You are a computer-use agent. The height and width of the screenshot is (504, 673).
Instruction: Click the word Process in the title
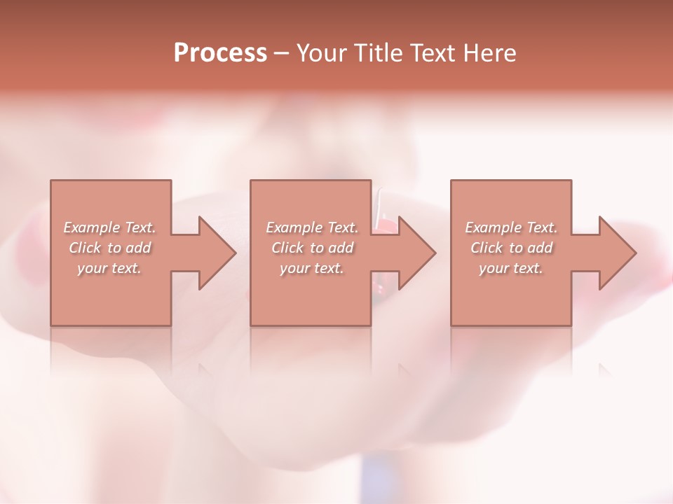(x=220, y=53)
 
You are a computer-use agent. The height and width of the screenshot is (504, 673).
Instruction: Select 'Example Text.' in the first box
(x=110, y=227)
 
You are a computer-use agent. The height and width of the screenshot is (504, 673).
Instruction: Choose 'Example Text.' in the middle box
(x=312, y=227)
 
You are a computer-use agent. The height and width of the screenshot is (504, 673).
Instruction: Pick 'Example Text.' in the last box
(x=511, y=227)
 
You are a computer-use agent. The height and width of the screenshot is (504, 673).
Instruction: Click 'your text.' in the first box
(x=110, y=268)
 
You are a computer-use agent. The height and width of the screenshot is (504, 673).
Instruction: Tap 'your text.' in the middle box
(x=312, y=268)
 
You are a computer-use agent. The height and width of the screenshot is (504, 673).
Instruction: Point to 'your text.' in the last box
(x=511, y=268)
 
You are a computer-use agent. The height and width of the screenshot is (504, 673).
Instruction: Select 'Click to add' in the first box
(x=110, y=248)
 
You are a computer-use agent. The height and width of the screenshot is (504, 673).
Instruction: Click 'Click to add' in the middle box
(x=312, y=248)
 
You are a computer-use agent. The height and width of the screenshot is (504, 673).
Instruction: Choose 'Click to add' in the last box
(x=511, y=248)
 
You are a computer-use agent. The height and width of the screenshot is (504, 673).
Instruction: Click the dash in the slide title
(x=282, y=54)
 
